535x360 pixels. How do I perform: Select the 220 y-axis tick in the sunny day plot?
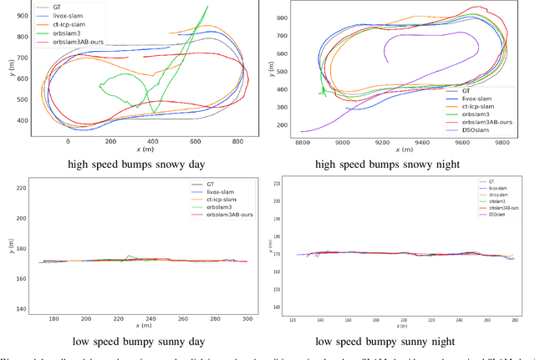[x=22, y=187]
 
